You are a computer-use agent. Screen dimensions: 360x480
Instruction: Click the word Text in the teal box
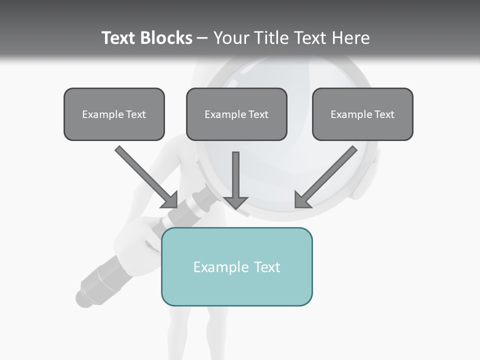coord(266,267)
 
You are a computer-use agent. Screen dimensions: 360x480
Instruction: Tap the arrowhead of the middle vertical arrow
coord(235,202)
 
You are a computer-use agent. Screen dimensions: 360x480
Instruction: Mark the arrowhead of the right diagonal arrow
coord(301,200)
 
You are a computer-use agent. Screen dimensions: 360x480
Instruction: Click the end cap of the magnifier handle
coord(82,297)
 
